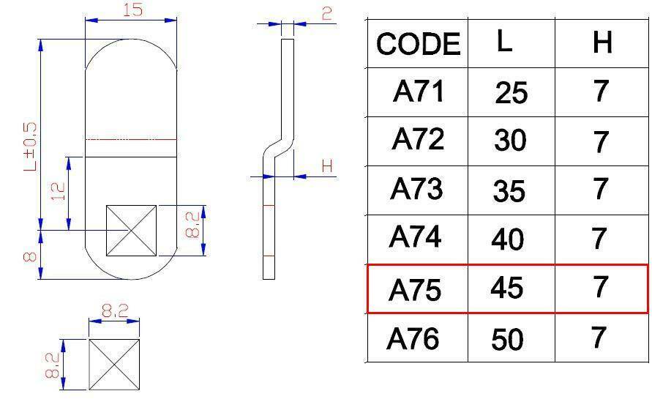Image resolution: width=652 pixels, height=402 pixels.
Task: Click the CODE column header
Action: pyautogui.click(x=419, y=44)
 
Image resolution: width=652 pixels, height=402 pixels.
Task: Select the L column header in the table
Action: pyautogui.click(x=504, y=41)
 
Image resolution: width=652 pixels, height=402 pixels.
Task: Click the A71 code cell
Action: pyautogui.click(x=419, y=92)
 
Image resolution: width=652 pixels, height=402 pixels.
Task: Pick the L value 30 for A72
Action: pyautogui.click(x=510, y=141)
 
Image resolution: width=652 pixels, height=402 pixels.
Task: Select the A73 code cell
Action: pyautogui.click(x=416, y=188)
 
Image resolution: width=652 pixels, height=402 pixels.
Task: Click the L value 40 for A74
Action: pyautogui.click(x=508, y=239)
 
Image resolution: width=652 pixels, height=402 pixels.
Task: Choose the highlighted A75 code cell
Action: pyautogui.click(x=415, y=289)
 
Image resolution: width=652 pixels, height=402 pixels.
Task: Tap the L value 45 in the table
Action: pyautogui.click(x=506, y=288)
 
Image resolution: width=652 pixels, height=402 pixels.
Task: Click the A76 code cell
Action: pyautogui.click(x=413, y=339)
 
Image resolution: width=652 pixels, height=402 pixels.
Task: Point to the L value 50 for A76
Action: pyautogui.click(x=507, y=340)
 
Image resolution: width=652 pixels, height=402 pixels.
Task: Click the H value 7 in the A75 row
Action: pyautogui.click(x=600, y=287)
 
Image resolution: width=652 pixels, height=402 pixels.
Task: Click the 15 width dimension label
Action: pyautogui.click(x=132, y=10)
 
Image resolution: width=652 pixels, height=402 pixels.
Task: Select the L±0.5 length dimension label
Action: pyautogui.click(x=30, y=146)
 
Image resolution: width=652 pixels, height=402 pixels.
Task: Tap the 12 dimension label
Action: pyautogui.click(x=58, y=191)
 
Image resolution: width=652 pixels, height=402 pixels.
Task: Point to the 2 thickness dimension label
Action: pyautogui.click(x=327, y=14)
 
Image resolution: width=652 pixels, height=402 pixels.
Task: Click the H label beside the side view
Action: pyautogui.click(x=327, y=166)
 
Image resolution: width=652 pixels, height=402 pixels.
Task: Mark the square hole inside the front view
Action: pyautogui.click(x=132, y=231)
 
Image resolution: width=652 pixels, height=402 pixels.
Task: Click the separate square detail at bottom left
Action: pyautogui.click(x=114, y=365)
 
